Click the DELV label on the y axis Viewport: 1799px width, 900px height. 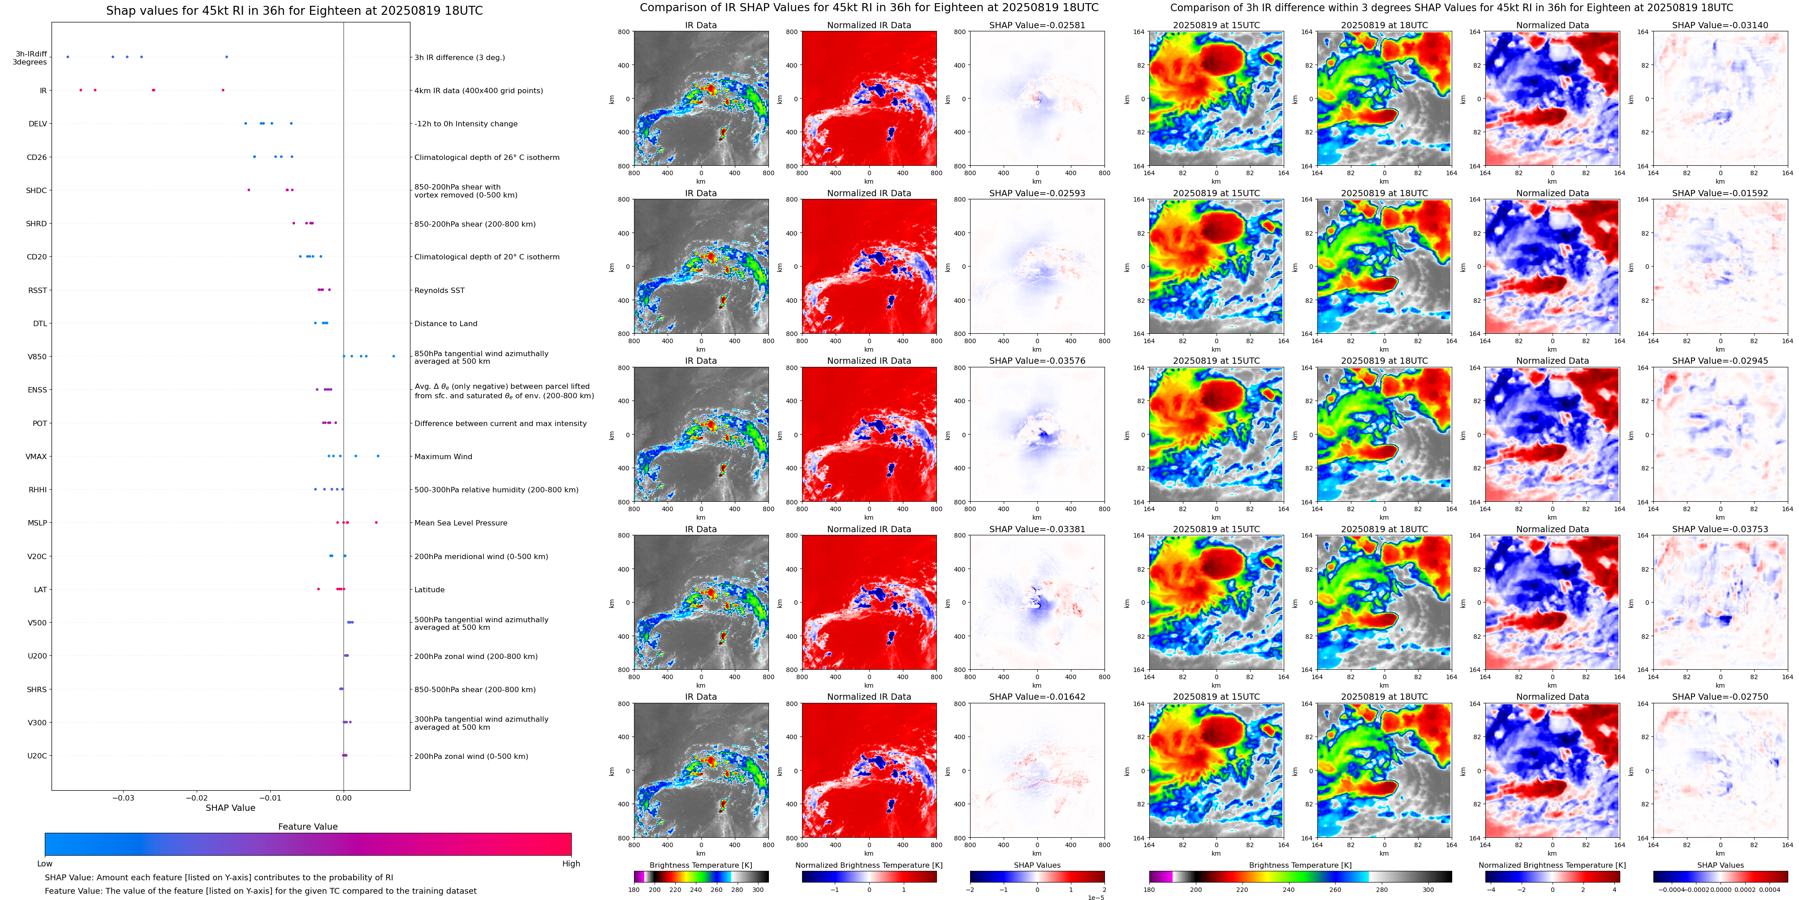pos(38,124)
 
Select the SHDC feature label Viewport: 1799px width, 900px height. pos(36,190)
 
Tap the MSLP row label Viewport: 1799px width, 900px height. pos(37,523)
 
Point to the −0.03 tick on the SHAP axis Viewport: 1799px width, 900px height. pos(124,797)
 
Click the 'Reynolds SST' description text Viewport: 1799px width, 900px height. pos(439,290)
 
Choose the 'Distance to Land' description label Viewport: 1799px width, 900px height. pos(445,323)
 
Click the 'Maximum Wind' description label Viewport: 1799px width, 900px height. pos(443,456)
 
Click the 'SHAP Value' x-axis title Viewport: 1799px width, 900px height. pos(230,808)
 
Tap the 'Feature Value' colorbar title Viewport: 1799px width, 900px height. pos(307,827)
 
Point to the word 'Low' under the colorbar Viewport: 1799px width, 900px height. pos(45,864)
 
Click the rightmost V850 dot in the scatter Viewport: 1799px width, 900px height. pos(393,356)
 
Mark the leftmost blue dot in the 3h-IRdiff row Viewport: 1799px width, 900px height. pos(68,56)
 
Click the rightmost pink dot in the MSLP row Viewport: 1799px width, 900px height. pos(376,522)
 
